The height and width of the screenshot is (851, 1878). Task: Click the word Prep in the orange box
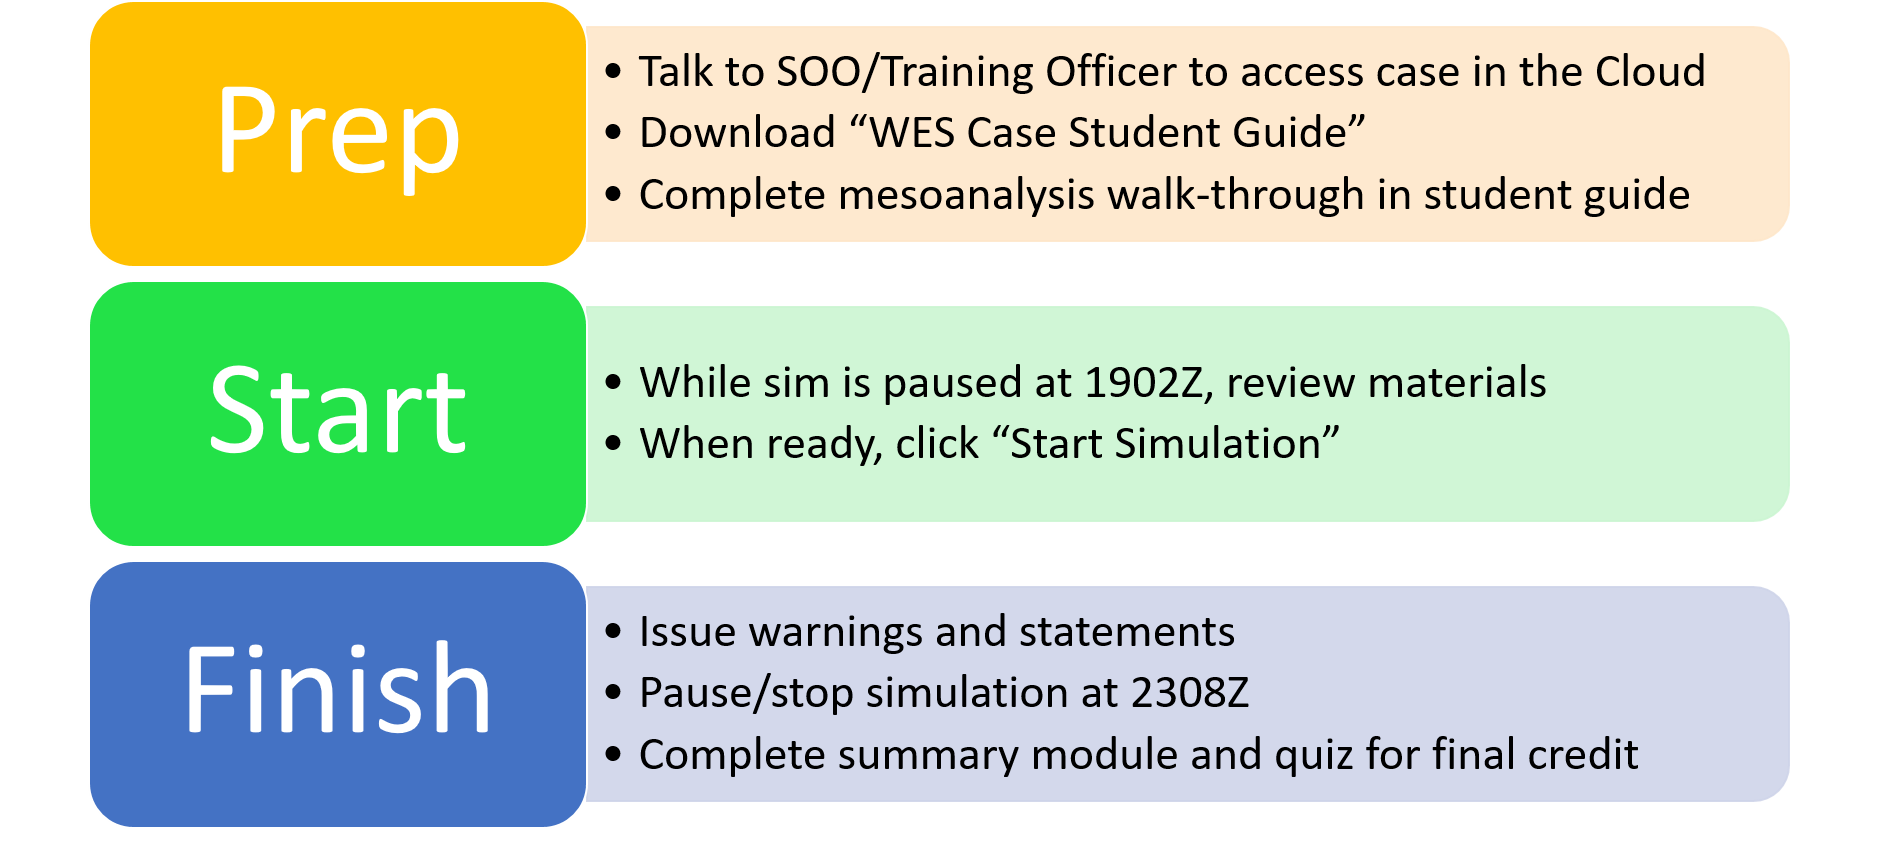[338, 135]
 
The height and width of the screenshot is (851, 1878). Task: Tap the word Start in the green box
[338, 410]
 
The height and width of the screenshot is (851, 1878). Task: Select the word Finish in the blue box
[338, 688]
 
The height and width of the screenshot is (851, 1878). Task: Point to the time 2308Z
[1190, 693]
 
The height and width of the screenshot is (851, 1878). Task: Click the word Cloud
[1650, 72]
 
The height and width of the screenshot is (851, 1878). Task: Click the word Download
[737, 133]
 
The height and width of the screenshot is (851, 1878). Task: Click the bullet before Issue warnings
[613, 632]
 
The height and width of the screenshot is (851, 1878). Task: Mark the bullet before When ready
[613, 443]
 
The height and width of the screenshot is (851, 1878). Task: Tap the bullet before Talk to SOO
[613, 72]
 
